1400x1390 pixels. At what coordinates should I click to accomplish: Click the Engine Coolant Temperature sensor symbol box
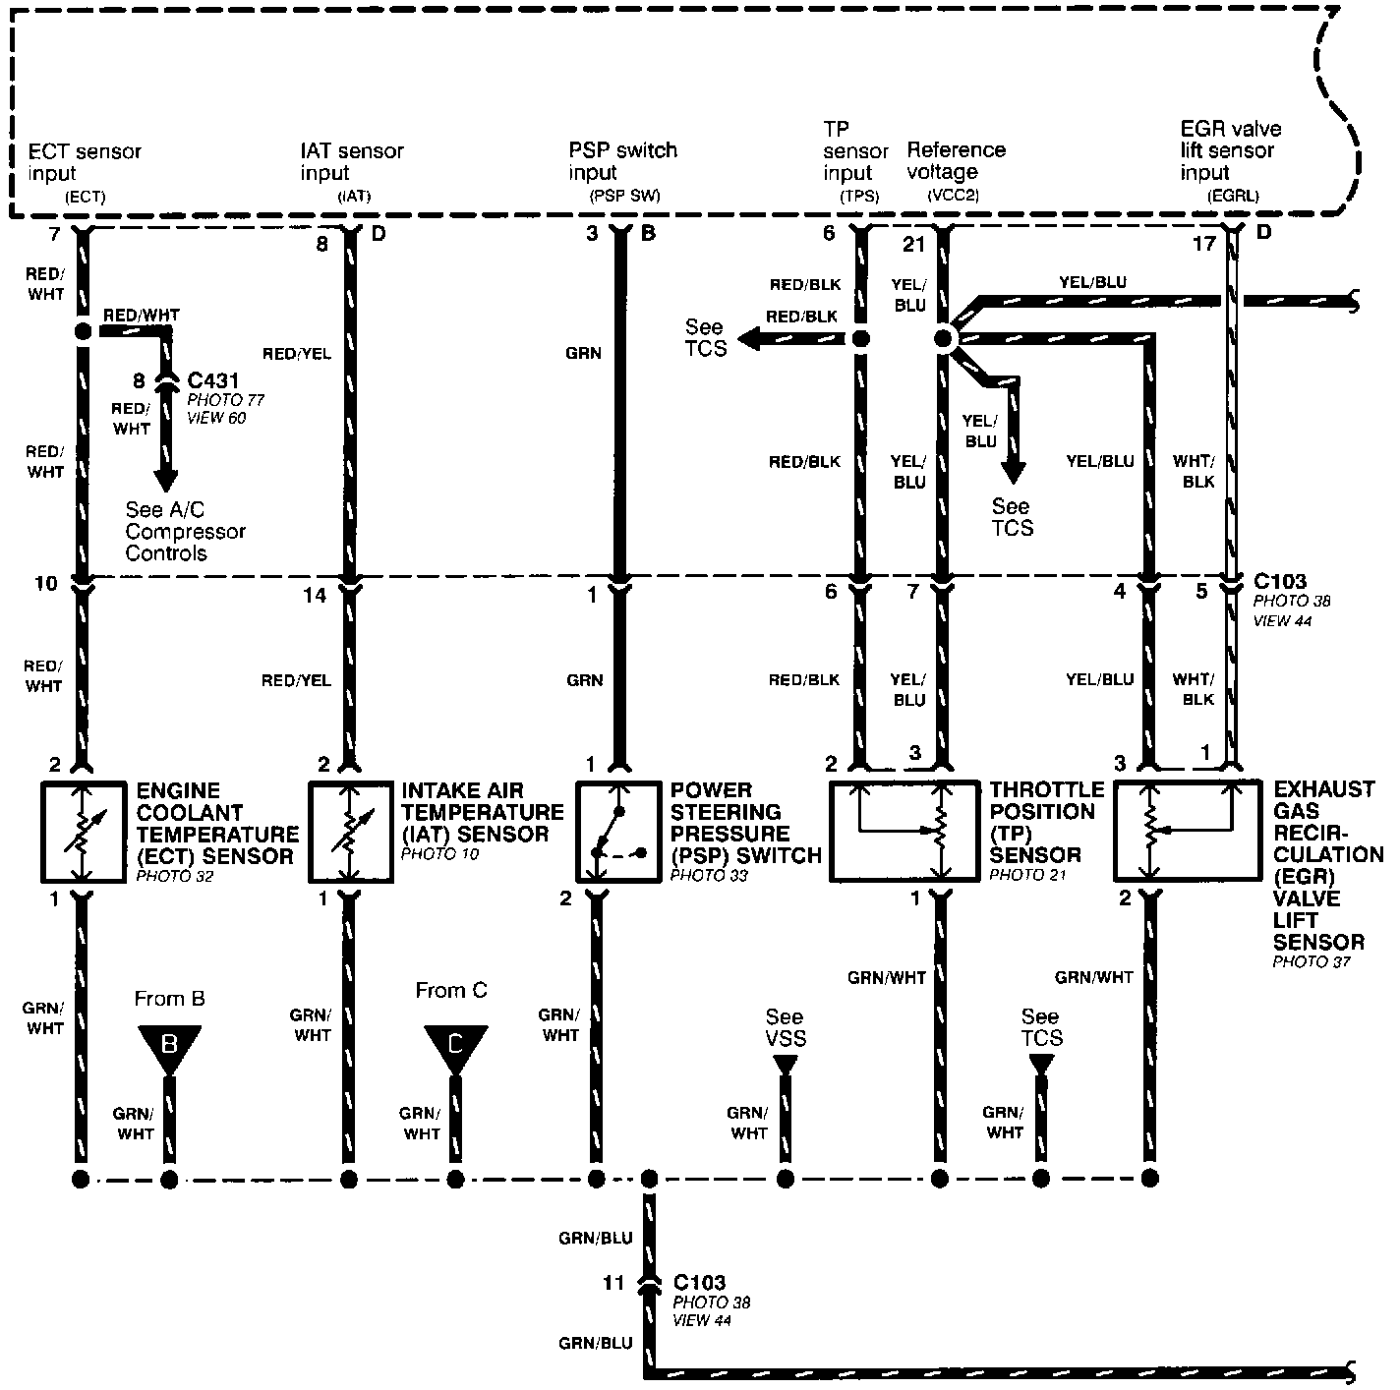[83, 832]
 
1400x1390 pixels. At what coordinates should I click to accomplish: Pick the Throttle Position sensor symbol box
[904, 831]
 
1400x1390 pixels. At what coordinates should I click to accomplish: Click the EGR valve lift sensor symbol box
[1187, 831]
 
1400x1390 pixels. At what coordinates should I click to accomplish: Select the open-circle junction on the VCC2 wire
[942, 339]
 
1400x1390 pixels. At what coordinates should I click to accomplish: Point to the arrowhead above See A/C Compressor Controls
[166, 479]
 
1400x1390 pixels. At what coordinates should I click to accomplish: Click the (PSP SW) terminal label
[624, 196]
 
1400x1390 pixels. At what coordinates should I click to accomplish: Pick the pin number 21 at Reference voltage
[914, 243]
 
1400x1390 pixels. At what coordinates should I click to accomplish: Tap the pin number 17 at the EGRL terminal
[1203, 243]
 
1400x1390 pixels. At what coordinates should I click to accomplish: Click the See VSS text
[784, 1027]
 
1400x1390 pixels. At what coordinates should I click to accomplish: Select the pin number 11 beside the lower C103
[613, 1283]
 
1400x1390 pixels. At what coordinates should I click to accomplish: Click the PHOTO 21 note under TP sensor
[1028, 875]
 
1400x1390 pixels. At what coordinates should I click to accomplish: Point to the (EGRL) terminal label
[1233, 196]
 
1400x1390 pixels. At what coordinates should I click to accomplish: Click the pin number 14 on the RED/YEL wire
[315, 595]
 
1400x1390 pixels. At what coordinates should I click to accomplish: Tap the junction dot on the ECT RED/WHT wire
[83, 331]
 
